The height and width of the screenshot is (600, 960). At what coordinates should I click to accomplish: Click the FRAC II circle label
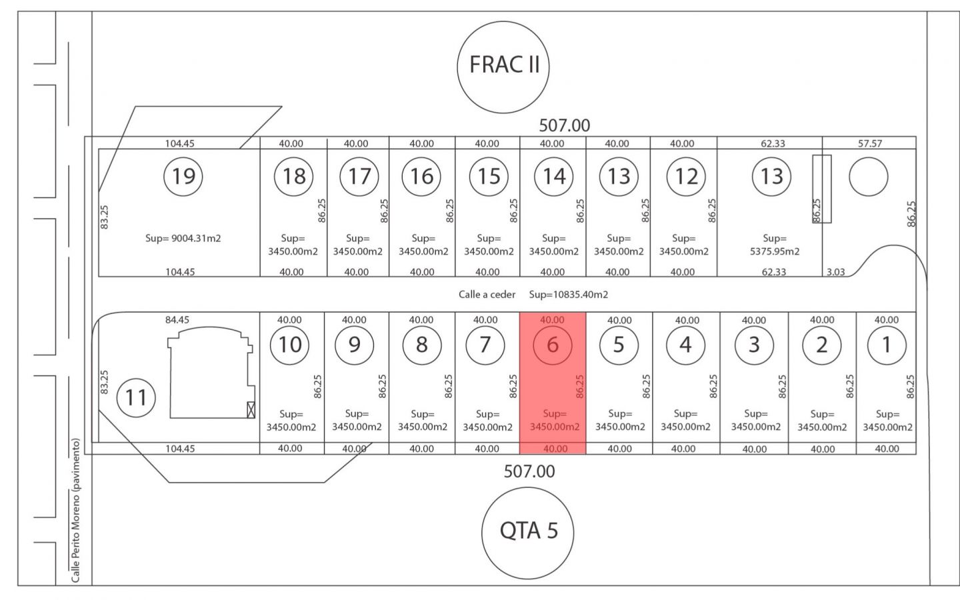pyautogui.click(x=503, y=65)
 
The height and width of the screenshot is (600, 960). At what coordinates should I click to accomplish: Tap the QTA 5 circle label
pyautogui.click(x=529, y=531)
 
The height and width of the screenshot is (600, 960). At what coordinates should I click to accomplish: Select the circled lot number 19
pyautogui.click(x=183, y=176)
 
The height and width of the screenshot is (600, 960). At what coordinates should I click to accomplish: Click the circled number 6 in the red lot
pyautogui.click(x=552, y=345)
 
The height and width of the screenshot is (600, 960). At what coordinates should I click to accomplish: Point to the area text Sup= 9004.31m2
pyautogui.click(x=183, y=238)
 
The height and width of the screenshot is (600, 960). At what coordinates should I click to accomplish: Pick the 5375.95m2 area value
pyautogui.click(x=774, y=251)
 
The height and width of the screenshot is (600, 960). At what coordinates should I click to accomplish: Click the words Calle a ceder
pyautogui.click(x=487, y=294)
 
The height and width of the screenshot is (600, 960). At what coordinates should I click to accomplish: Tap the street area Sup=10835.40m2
pyautogui.click(x=568, y=294)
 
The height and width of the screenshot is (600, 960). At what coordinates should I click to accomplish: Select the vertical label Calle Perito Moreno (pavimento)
pyautogui.click(x=76, y=510)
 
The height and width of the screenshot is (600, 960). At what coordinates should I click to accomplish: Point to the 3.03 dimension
pyautogui.click(x=835, y=272)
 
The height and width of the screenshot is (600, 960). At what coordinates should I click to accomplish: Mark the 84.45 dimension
pyautogui.click(x=177, y=320)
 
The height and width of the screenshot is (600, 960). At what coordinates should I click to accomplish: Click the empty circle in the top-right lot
pyautogui.click(x=868, y=177)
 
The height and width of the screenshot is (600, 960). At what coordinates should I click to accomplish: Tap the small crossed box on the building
pyautogui.click(x=251, y=410)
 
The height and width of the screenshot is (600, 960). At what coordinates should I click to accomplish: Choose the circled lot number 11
pyautogui.click(x=136, y=397)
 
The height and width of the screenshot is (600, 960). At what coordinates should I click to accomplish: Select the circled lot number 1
pyautogui.click(x=886, y=345)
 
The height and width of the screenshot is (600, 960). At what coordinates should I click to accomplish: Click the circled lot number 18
pyautogui.click(x=294, y=176)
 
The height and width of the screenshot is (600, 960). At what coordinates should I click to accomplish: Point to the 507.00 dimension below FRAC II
pyautogui.click(x=564, y=125)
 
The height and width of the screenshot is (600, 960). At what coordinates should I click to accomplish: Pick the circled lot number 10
pyautogui.click(x=290, y=345)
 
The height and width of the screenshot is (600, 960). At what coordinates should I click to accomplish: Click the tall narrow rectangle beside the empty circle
pyautogui.click(x=822, y=189)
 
